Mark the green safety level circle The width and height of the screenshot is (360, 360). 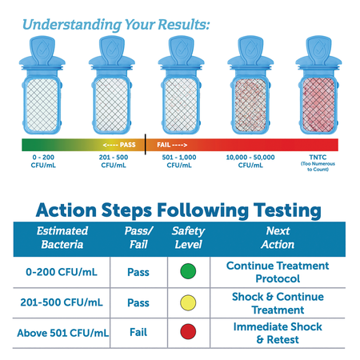pyautogui.click(x=189, y=272)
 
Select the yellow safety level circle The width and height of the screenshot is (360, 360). pyautogui.click(x=189, y=303)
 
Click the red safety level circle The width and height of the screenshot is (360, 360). pyautogui.click(x=189, y=333)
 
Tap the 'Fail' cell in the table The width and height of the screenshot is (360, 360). pyautogui.click(x=138, y=333)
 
